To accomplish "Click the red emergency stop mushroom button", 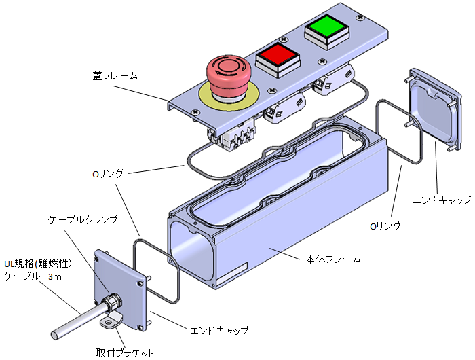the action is [x=229, y=75].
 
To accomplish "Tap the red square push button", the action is [x=278, y=59].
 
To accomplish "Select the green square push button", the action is [x=327, y=31].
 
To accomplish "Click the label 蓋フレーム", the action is [x=115, y=75].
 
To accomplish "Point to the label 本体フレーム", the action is [x=333, y=259].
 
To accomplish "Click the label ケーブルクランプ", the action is [x=83, y=219].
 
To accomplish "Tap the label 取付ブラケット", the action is [x=124, y=353].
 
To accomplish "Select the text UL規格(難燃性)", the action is [x=38, y=264].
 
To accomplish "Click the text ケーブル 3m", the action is [x=33, y=276].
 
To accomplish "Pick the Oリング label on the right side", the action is [x=385, y=226].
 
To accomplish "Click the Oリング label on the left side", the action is [x=107, y=174].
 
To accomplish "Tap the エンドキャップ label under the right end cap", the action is [x=442, y=200].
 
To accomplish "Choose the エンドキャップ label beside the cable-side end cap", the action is [x=219, y=330].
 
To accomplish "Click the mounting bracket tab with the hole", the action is [x=111, y=323].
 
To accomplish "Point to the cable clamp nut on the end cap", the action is [x=112, y=301].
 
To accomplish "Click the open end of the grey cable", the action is [x=55, y=336].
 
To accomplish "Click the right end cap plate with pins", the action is [x=435, y=109].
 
